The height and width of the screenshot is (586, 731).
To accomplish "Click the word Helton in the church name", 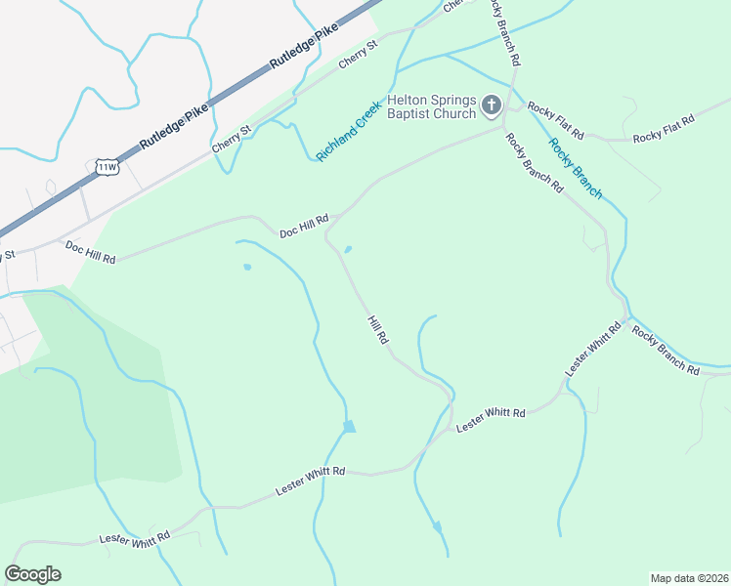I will tap(409, 101).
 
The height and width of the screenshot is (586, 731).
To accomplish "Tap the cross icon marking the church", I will tap(492, 105).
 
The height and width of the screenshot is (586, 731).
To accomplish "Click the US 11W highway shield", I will tap(107, 166).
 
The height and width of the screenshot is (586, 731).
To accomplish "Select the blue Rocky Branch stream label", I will tap(576, 168).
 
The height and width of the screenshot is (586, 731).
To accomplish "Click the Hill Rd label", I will tap(379, 329).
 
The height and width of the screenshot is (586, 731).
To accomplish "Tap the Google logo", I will tap(32, 574).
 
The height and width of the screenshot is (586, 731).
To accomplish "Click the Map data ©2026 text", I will tap(688, 578).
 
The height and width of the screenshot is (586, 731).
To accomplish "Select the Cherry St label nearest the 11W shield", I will tap(232, 138).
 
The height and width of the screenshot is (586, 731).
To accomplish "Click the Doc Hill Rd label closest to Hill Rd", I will tap(304, 227).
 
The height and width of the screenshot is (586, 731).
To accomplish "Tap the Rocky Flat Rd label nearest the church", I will tap(555, 119).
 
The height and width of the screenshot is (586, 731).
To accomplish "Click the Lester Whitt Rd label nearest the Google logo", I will tap(135, 537).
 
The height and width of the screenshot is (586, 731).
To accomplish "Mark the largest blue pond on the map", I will tap(349, 426).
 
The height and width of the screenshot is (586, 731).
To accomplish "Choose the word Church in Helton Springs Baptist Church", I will tap(453, 113).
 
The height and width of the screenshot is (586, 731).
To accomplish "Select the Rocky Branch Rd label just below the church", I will tap(535, 161).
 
